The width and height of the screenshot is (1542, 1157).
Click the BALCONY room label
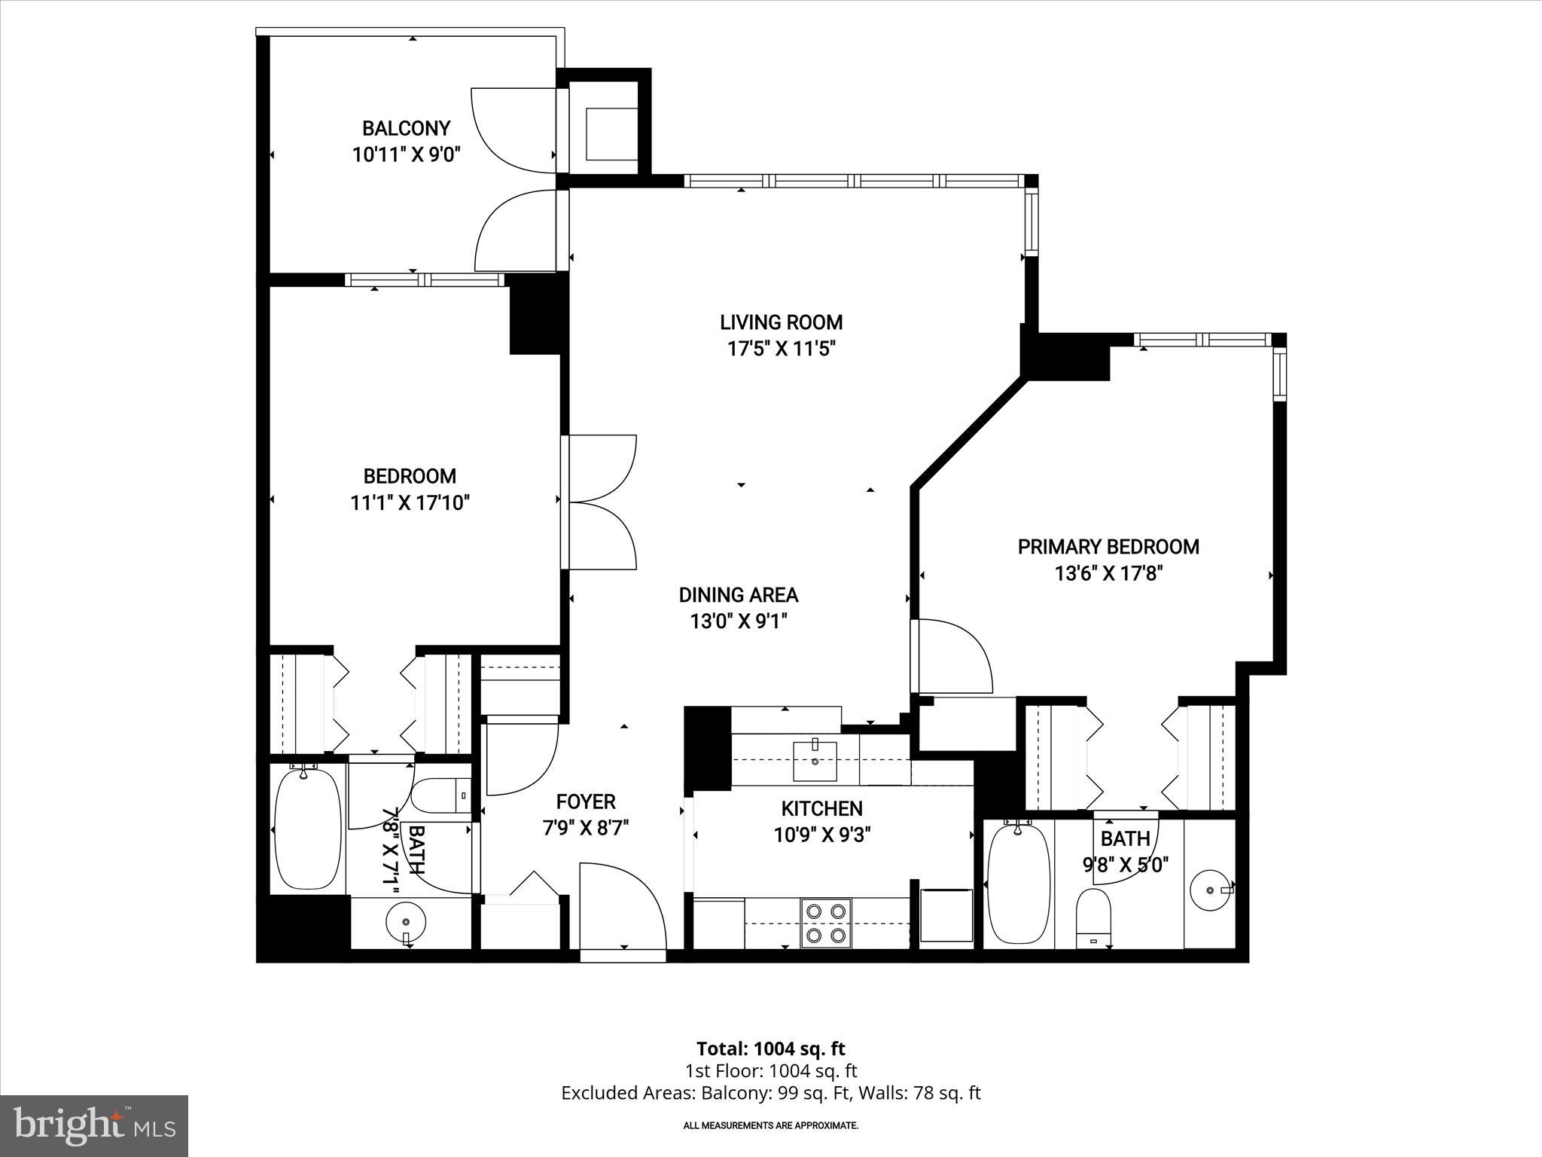tap(406, 128)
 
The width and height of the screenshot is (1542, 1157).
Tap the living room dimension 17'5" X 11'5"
tap(781, 350)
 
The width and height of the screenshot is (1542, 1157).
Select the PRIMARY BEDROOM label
tap(1108, 547)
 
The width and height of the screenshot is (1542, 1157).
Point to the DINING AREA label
tap(738, 595)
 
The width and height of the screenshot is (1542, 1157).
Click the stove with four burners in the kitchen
tap(826, 923)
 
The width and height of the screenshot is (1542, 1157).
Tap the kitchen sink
tap(815, 762)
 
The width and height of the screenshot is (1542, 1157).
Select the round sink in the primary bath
tap(1211, 890)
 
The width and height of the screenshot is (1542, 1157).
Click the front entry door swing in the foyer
tap(622, 908)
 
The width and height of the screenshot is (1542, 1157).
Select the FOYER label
tap(586, 801)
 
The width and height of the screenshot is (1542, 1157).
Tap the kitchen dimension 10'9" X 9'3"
tap(821, 835)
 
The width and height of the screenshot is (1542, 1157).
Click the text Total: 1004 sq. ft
tap(770, 1049)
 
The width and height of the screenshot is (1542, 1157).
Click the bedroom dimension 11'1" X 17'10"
tap(410, 503)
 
